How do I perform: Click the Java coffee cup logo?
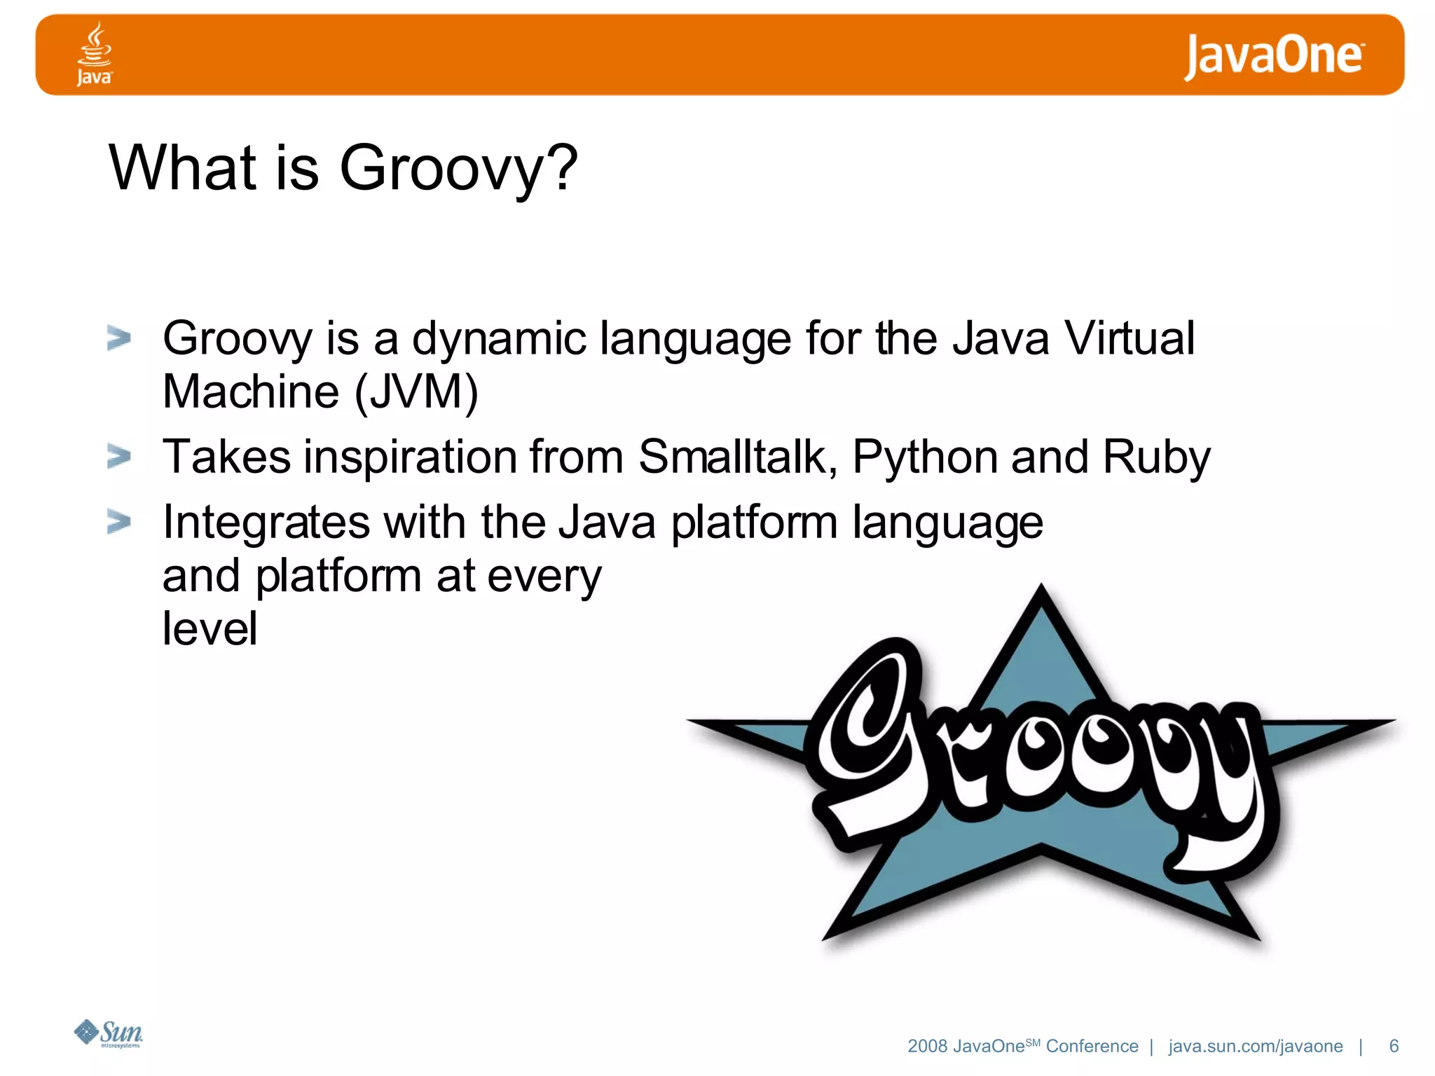click(94, 53)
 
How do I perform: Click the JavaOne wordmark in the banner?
click(1274, 56)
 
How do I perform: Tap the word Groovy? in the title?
click(458, 168)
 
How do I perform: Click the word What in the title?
click(184, 168)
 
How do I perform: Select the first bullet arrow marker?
click(119, 338)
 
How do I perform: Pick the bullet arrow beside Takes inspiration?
click(119, 457)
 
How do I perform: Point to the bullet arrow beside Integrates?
click(119, 522)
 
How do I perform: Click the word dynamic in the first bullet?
click(499, 340)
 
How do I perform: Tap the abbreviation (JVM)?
click(416, 392)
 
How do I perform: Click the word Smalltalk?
click(737, 457)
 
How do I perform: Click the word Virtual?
click(1129, 338)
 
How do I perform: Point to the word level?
click(210, 628)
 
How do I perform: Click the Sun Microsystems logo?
click(109, 1033)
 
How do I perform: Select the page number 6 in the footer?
click(1394, 1046)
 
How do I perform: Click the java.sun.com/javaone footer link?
click(1255, 1047)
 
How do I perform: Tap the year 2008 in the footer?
click(927, 1047)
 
